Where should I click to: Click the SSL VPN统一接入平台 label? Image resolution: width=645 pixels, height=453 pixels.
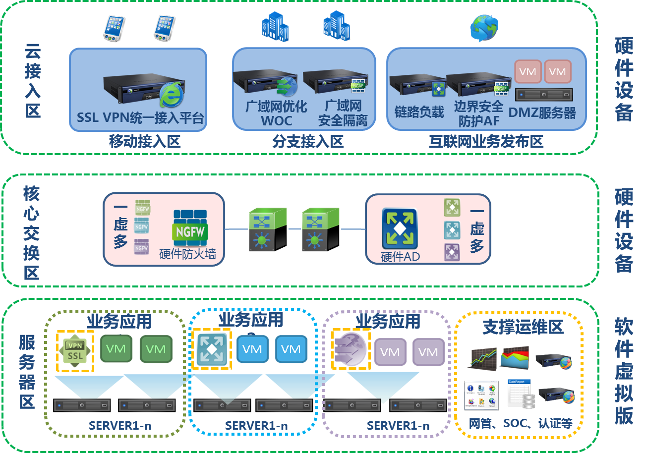click(140, 117)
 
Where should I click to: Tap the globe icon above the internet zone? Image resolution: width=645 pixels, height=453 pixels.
click(484, 28)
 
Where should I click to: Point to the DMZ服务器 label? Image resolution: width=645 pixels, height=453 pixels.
click(542, 113)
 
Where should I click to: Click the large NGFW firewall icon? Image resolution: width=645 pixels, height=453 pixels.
click(190, 227)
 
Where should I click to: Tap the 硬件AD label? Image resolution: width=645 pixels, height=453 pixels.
click(400, 257)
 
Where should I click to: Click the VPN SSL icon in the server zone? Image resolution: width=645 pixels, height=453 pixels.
click(75, 350)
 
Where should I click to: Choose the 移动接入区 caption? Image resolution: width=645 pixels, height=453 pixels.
click(144, 142)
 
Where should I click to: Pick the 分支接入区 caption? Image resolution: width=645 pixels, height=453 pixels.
click(307, 142)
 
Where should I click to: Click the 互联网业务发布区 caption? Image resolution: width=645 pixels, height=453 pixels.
click(486, 142)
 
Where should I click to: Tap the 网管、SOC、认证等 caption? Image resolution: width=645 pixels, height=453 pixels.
click(521, 424)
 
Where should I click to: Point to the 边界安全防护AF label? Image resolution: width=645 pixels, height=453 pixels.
click(478, 113)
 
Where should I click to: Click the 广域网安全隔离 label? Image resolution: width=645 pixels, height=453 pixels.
click(343, 113)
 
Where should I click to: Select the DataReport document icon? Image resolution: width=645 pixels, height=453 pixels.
click(521, 394)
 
